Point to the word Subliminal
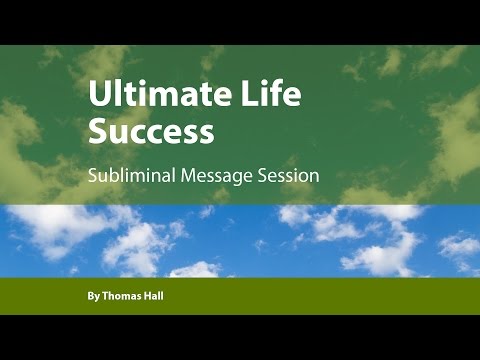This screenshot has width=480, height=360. (x=130, y=174)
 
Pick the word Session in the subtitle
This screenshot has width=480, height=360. (x=290, y=174)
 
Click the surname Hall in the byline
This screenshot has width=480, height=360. (x=159, y=298)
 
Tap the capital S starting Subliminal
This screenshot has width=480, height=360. (x=92, y=174)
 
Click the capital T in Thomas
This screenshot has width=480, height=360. (x=106, y=298)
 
